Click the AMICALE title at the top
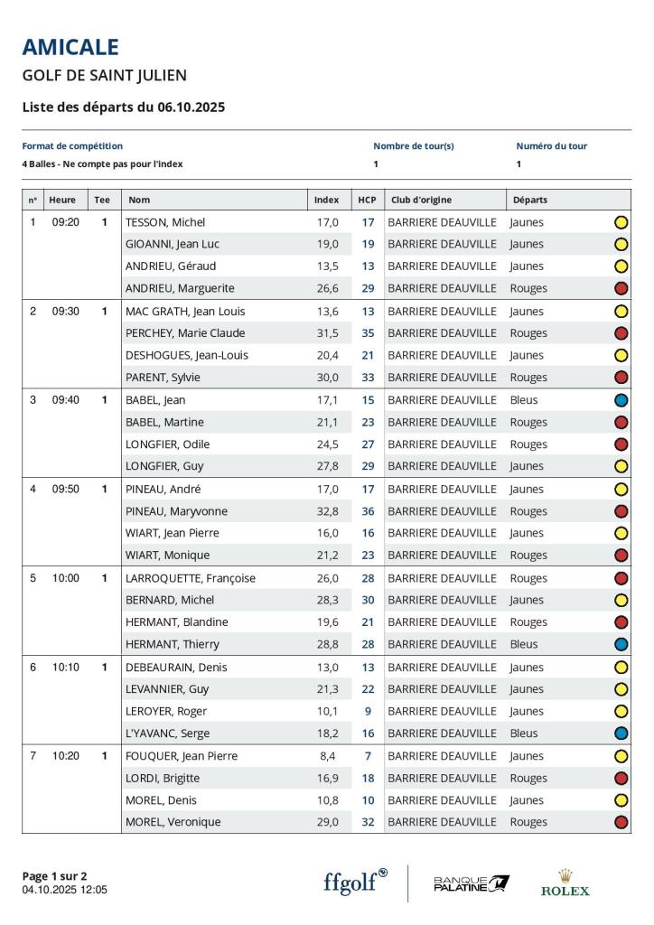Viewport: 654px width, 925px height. click(70, 47)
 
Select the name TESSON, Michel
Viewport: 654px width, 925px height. click(165, 222)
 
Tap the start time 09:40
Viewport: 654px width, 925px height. click(66, 399)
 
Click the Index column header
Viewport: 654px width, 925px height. click(326, 200)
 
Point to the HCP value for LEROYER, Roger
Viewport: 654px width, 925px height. click(368, 711)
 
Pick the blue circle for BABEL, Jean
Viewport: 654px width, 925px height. click(621, 400)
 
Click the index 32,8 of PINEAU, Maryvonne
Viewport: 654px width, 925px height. click(326, 511)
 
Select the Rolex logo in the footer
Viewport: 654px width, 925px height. click(565, 883)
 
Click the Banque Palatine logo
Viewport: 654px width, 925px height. click(472, 883)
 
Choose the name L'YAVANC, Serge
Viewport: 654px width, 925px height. click(167, 733)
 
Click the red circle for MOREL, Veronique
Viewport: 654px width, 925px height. click(621, 822)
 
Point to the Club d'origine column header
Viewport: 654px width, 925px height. click(421, 200)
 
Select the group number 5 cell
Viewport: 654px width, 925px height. click(33, 578)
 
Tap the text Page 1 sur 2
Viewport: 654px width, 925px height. click(54, 875)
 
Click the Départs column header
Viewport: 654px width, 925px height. click(530, 200)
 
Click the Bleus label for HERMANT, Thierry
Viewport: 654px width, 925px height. click(524, 644)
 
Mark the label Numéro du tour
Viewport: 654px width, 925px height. click(551, 145)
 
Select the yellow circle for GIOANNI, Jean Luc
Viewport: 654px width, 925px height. click(621, 244)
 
